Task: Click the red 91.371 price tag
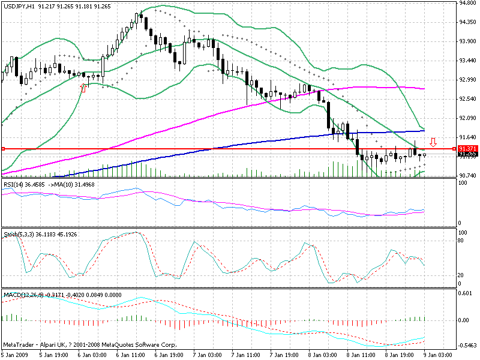467,148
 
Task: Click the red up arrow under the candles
83,88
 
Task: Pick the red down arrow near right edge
433,143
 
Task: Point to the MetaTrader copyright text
80,344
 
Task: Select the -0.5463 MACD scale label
467,346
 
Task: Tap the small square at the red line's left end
3,148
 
